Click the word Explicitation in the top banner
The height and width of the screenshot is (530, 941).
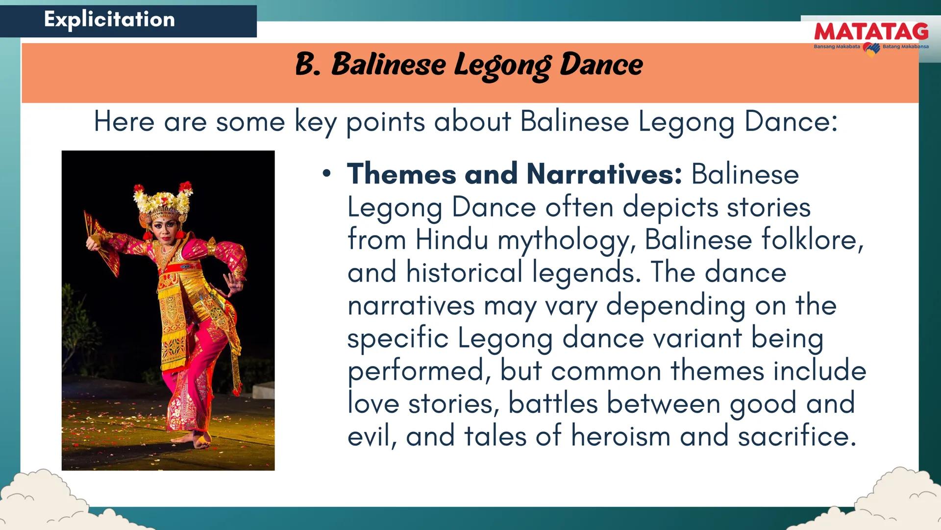109,19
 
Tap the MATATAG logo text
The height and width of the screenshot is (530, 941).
871,32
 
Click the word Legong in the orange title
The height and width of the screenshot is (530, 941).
502,65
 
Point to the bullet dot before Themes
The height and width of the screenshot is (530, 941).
326,173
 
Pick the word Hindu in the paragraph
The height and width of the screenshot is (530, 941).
451,240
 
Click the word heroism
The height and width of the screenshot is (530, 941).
620,436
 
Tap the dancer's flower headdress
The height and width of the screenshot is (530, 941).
163,199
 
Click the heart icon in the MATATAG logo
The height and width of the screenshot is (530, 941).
871,49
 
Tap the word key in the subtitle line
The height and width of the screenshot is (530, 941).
315,122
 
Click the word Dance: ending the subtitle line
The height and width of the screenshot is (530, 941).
791,121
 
